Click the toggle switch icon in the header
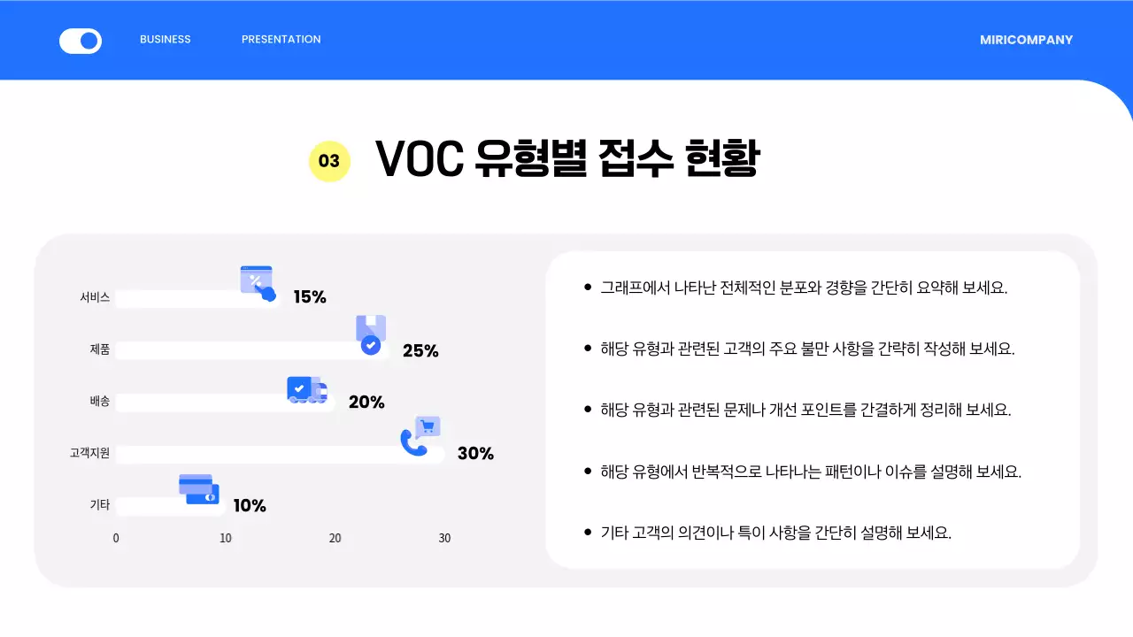point(81,41)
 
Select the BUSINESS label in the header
point(166,40)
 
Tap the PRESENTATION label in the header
point(281,40)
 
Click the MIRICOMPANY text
point(1026,40)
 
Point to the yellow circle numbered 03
point(329,161)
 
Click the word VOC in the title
point(420,159)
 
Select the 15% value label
point(310,297)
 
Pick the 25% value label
point(420,350)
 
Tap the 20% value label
point(366,403)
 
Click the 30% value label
point(475,454)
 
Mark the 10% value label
point(250,506)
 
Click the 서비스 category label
point(95,298)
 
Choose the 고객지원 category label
point(89,454)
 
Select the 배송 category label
point(100,402)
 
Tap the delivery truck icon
point(306,390)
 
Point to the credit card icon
point(198,489)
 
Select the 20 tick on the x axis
point(335,538)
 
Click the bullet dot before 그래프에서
point(588,288)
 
